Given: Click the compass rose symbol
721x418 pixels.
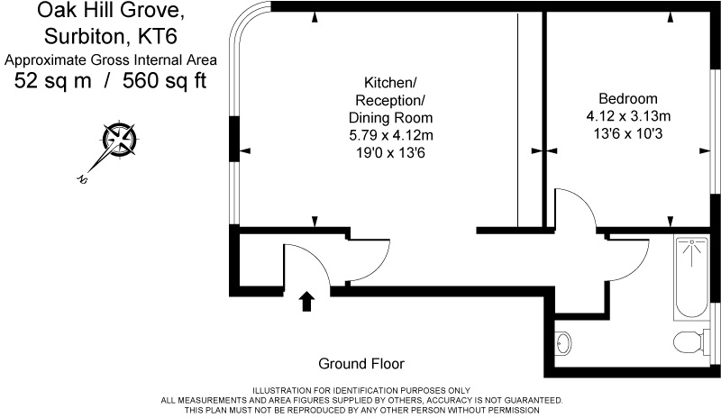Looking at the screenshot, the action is coord(119,139).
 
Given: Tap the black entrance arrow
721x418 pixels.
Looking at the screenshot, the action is coord(306,301).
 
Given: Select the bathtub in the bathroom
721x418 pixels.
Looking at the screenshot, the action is coord(691,277).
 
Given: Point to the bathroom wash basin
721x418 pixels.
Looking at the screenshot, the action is coord(563,343).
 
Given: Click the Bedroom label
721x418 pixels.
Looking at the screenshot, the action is coord(627,98).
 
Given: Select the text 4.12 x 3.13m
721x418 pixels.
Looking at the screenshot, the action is coord(628,116).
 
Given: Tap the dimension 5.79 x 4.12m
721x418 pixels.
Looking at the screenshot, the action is coord(391,135).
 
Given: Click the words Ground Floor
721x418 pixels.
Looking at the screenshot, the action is coord(361,364).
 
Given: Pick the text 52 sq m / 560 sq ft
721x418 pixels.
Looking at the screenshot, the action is coord(110,80).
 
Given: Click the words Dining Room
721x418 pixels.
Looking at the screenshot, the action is coord(390,118).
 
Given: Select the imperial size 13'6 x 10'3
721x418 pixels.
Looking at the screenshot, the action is coord(628,134).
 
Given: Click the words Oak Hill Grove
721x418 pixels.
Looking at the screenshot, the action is coord(111,10).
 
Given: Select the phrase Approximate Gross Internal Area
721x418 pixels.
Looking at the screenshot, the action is coord(111,59).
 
